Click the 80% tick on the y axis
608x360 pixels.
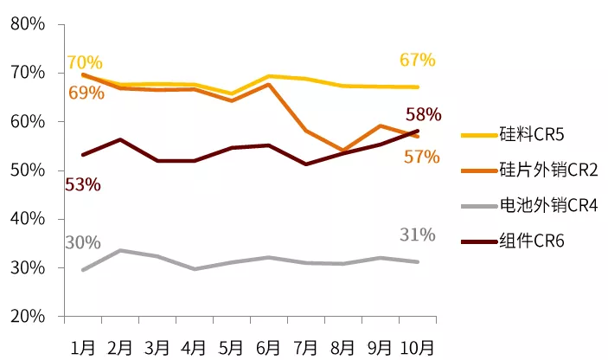(x=29, y=24)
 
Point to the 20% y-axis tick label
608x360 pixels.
(x=29, y=317)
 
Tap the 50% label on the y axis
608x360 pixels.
(x=29, y=170)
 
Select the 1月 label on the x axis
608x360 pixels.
(x=83, y=346)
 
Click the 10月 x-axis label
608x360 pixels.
(x=418, y=346)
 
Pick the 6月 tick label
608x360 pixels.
(x=269, y=346)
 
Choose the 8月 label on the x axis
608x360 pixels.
(x=343, y=346)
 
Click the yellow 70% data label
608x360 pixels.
(x=84, y=63)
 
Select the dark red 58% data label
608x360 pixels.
(x=423, y=114)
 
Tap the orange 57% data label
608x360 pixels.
(x=421, y=157)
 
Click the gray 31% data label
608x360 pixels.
(x=418, y=235)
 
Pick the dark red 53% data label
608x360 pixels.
(x=82, y=184)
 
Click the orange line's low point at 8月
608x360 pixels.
(x=343, y=151)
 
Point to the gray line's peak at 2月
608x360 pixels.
(x=120, y=250)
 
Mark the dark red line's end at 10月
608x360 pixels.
(x=418, y=131)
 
